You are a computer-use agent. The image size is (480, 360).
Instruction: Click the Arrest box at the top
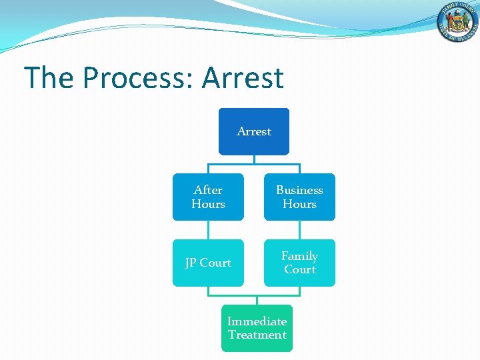coord(254,131)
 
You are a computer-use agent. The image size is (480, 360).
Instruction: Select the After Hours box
coord(208,197)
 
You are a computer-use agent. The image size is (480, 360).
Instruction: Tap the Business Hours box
coord(299,197)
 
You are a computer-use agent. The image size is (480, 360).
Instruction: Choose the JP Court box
coord(208,263)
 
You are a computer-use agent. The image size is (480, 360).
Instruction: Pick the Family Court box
coord(299,263)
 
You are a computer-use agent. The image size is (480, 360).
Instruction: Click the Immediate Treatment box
coord(257,328)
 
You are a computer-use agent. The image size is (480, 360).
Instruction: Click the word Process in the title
coord(137,78)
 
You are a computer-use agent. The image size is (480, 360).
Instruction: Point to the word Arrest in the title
coord(243,78)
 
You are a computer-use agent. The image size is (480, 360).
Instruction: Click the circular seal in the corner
coord(458,24)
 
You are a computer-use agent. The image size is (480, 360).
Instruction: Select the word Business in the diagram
coord(299,190)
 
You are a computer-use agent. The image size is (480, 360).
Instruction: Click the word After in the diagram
coord(208,190)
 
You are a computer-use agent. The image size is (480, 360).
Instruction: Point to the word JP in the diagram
coord(192,263)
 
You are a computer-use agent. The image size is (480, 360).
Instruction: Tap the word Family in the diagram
coord(299,256)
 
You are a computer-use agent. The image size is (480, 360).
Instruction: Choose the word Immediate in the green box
coord(257,321)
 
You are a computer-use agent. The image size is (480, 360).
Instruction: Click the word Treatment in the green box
coord(257,335)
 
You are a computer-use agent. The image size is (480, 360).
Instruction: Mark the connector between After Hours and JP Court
coord(208,230)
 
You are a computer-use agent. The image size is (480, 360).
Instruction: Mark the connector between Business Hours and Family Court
coord(299,230)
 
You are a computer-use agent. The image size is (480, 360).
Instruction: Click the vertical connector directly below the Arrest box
coord(254,159)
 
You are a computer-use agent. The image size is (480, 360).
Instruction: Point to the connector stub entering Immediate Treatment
coord(257,299)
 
